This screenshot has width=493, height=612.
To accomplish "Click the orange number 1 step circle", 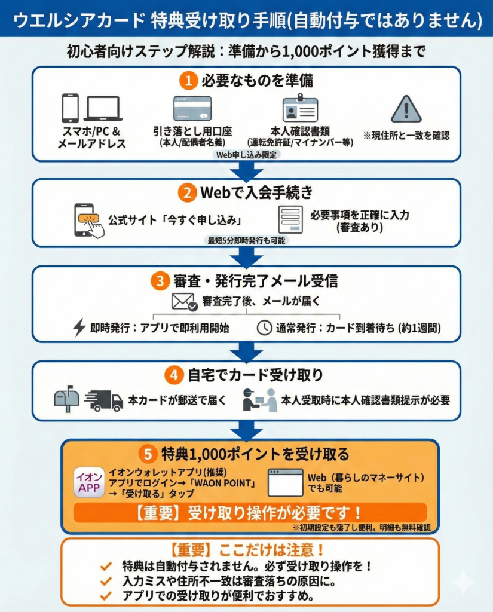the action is point(188,81).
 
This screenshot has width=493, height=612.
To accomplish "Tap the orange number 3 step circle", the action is point(160,281).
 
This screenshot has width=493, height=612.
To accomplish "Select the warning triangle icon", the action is point(406,109).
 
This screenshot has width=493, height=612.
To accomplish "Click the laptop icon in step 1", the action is point(103,108).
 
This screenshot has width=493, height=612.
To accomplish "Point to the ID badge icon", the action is point(300,108).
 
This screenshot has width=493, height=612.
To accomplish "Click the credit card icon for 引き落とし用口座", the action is point(192,108).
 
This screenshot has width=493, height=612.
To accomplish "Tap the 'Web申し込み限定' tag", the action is point(246,155).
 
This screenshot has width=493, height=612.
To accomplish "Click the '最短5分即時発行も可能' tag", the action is point(246,240).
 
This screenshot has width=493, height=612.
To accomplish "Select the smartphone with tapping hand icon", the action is point(88,221).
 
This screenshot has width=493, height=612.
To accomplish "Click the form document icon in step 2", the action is point(290,220).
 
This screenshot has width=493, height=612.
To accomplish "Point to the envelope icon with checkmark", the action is point(184,302).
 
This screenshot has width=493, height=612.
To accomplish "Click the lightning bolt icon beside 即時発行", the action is point(79,327).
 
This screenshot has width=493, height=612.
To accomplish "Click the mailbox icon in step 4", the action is point(67,399).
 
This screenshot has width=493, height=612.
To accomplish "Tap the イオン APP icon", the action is point(90,482).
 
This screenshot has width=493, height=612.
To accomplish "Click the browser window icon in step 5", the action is point(285,482).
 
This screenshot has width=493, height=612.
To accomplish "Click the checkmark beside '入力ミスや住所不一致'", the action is point(106,581).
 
